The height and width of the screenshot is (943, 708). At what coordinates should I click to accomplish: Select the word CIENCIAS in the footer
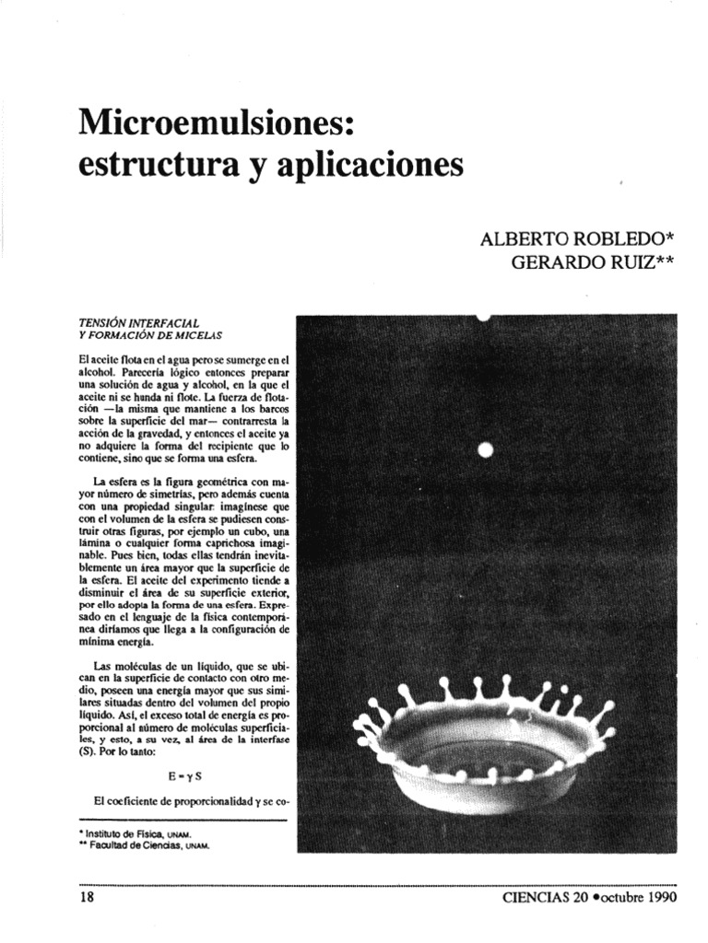click(535, 895)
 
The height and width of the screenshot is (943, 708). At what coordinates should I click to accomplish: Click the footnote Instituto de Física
click(138, 834)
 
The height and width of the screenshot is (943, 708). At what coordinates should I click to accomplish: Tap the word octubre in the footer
click(619, 895)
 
